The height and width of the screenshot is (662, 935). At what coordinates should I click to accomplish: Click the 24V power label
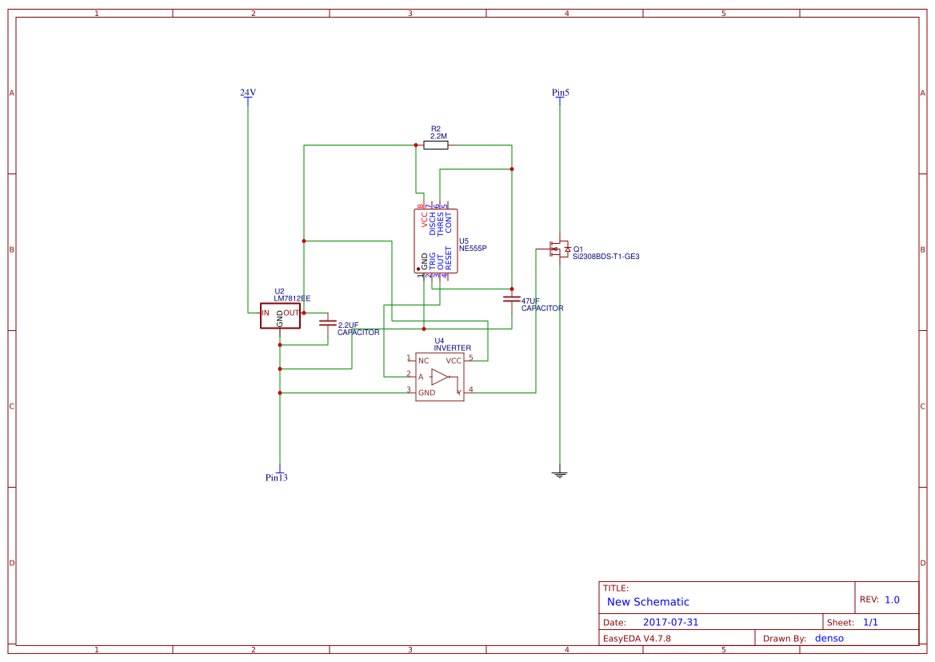click(248, 93)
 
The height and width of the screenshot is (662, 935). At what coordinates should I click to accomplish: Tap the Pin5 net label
click(560, 93)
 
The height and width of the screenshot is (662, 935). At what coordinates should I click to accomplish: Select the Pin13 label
click(277, 478)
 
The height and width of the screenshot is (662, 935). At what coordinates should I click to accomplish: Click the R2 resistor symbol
click(436, 145)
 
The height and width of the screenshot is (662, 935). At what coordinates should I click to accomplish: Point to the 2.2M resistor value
click(438, 137)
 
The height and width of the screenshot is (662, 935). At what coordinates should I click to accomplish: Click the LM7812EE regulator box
click(280, 316)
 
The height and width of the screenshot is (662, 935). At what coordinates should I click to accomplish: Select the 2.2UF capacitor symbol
click(328, 323)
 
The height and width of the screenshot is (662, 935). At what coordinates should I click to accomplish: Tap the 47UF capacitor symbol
click(512, 299)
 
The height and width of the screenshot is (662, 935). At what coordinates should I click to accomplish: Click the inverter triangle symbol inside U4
click(439, 377)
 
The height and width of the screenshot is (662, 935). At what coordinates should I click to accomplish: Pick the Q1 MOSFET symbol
click(558, 249)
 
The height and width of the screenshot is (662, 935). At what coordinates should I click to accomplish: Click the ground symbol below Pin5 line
click(560, 475)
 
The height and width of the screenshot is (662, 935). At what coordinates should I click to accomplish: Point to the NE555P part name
click(473, 249)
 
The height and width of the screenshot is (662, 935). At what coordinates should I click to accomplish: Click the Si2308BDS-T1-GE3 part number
click(605, 257)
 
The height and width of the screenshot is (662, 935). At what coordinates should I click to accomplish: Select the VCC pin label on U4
click(454, 361)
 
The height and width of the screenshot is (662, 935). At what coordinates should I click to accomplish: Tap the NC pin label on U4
click(424, 361)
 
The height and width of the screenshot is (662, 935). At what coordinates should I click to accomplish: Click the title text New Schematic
click(648, 602)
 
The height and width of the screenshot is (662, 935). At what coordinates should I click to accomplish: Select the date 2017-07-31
click(671, 622)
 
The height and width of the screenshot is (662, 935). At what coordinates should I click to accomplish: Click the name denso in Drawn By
click(829, 638)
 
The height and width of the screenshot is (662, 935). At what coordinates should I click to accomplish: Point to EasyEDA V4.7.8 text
click(637, 638)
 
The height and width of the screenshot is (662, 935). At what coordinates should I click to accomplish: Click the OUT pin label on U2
click(290, 313)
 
